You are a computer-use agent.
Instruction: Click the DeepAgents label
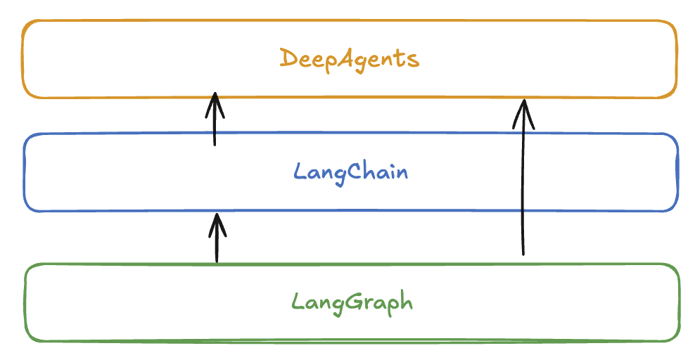[x=350, y=59]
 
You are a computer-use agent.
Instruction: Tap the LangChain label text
[x=350, y=172]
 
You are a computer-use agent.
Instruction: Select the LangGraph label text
[x=352, y=303]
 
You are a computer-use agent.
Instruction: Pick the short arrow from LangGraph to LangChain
[x=217, y=240]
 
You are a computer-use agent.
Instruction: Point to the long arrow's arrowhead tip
[x=523, y=100]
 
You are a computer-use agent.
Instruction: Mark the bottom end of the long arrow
[x=523, y=254]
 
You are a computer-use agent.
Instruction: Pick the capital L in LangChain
[x=298, y=171]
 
